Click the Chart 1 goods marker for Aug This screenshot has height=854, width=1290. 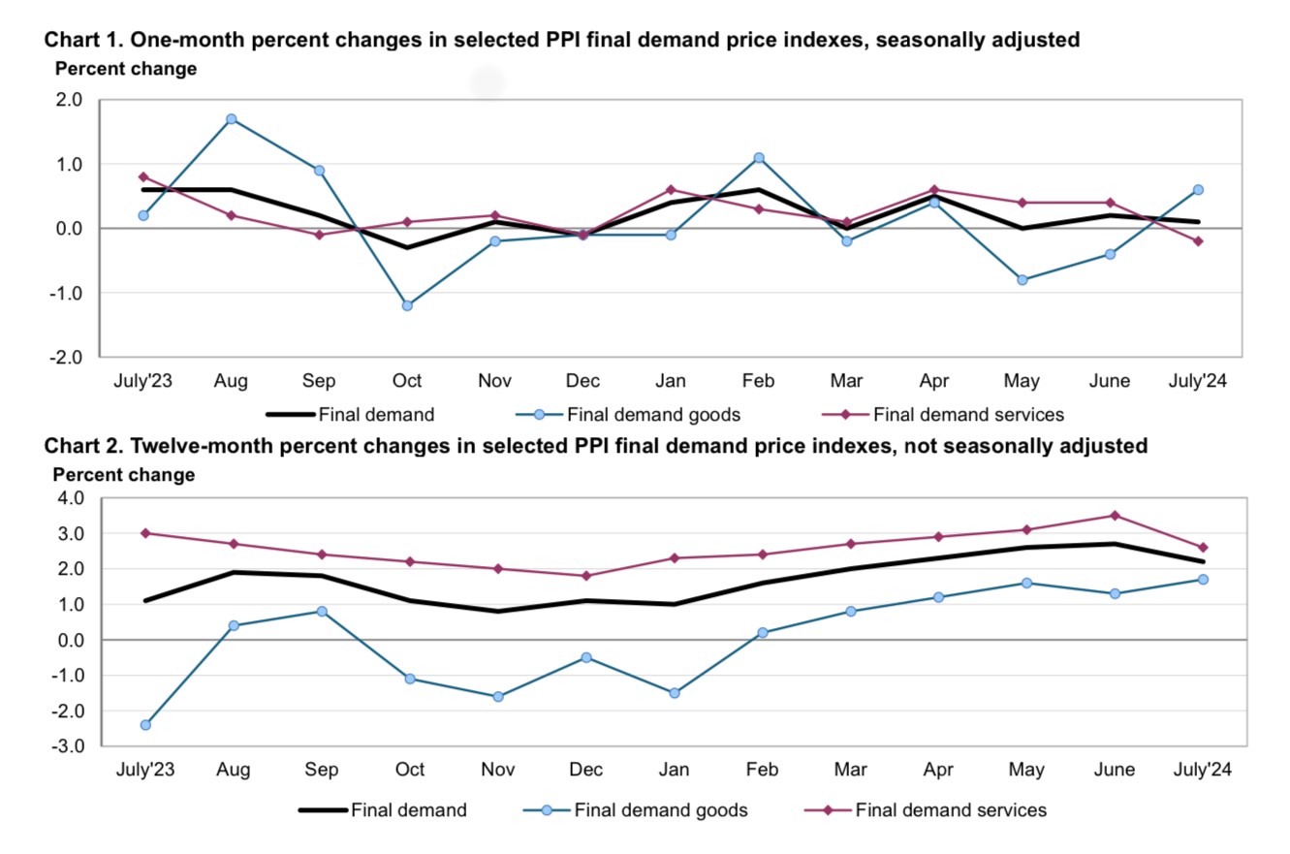tap(231, 119)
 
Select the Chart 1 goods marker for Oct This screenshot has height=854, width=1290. tap(407, 305)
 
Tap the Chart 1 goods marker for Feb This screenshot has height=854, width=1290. tap(759, 157)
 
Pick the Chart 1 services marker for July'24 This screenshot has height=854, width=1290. tap(1198, 241)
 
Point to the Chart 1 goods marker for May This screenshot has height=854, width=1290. tap(1023, 280)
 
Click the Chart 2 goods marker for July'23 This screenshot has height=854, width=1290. tap(145, 725)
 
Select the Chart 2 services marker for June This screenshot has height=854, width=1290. tap(1115, 516)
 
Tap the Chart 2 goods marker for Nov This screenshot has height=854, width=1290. tap(498, 697)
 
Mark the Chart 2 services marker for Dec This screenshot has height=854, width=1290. tap(586, 576)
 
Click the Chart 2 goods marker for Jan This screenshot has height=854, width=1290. tap(675, 693)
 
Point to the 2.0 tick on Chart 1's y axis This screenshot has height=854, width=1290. tap(70, 100)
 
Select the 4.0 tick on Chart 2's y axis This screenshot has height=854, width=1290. tap(72, 498)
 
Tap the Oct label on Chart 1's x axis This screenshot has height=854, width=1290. tap(407, 381)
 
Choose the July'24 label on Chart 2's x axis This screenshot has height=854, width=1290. tap(1202, 771)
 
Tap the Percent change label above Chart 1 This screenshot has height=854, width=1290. tap(126, 70)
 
